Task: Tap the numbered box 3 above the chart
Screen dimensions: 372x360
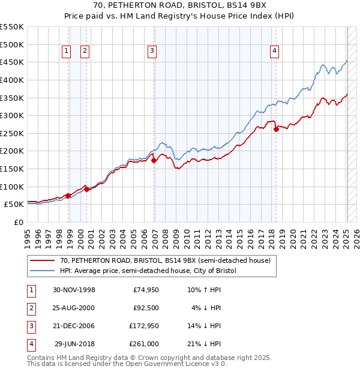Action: click(x=152, y=51)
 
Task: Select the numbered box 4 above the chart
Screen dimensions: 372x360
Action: click(x=274, y=51)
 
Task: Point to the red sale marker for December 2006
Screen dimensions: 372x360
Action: click(x=154, y=160)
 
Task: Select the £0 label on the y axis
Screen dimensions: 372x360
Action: click(x=17, y=222)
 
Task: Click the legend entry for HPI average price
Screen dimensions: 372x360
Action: click(x=148, y=271)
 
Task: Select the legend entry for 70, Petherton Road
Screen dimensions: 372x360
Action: click(x=166, y=260)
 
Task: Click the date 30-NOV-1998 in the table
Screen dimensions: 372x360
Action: click(x=74, y=290)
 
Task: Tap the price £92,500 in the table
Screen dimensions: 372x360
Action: click(x=145, y=308)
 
